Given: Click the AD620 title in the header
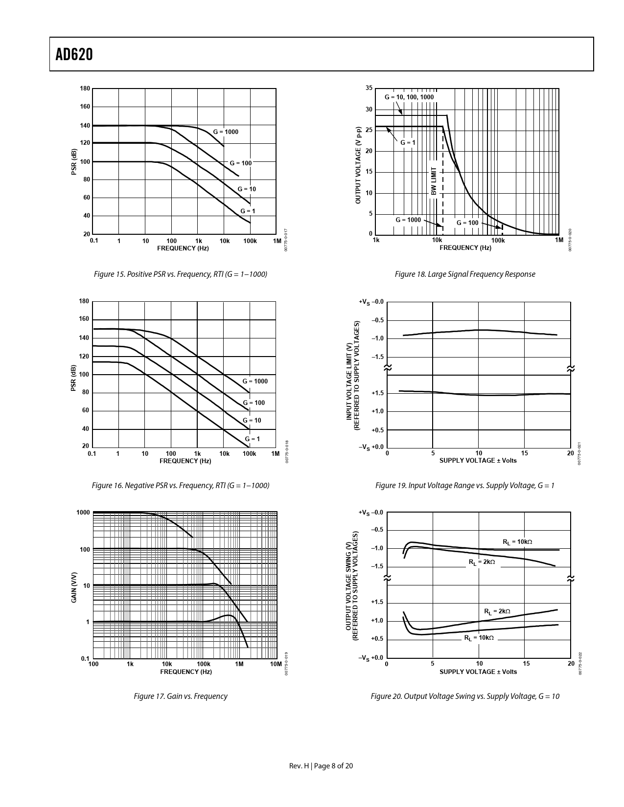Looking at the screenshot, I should [x=74, y=55].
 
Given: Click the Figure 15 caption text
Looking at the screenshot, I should [x=180, y=274].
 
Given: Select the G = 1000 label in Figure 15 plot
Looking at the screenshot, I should [x=226, y=132].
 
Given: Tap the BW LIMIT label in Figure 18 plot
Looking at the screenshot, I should [x=434, y=181].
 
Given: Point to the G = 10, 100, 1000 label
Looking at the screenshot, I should [x=409, y=97].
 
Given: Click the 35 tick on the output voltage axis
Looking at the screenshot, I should [x=369, y=88].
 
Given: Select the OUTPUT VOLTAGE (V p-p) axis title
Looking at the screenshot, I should [x=358, y=165].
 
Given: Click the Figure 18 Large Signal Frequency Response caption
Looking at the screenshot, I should [x=465, y=274].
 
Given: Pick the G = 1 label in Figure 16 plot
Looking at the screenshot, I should [x=253, y=439].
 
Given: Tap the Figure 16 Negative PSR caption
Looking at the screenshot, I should [x=180, y=486].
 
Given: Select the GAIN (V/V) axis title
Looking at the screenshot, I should [x=74, y=587].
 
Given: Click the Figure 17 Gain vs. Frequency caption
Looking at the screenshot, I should [x=180, y=696].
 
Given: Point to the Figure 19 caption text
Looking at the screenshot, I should [x=465, y=486].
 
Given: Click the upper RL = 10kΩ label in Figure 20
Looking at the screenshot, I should [x=517, y=542].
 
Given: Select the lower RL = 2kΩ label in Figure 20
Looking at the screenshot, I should [x=497, y=611].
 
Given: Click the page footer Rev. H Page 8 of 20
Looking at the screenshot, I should [x=321, y=766].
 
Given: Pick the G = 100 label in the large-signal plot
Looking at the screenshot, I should [x=467, y=223].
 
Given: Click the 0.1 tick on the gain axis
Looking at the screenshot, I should [x=85, y=658].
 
